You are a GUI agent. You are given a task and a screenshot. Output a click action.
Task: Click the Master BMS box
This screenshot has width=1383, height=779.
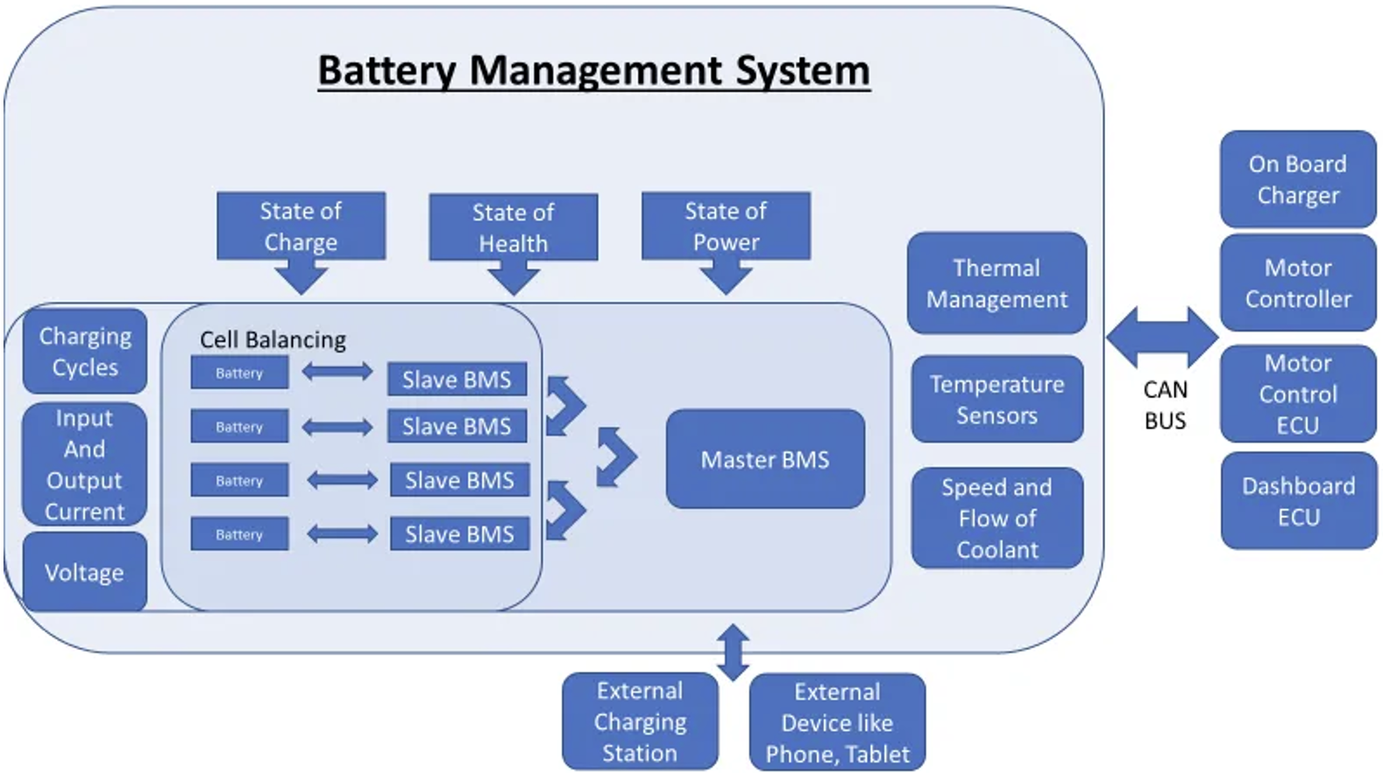tap(765, 459)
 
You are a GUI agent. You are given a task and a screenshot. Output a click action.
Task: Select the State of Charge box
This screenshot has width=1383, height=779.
tap(301, 226)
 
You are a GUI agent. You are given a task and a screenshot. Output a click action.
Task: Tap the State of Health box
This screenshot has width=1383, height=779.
tap(513, 227)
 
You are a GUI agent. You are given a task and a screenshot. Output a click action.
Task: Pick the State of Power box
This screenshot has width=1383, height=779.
tap(726, 226)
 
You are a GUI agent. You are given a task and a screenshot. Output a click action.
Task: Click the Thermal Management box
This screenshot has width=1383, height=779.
tap(996, 283)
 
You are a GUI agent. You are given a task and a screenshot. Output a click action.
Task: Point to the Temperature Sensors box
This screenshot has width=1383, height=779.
tap(997, 399)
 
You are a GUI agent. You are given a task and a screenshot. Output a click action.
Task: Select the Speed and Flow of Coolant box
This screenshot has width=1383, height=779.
tap(997, 518)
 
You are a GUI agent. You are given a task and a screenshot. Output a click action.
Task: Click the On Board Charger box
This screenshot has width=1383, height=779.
tap(1298, 179)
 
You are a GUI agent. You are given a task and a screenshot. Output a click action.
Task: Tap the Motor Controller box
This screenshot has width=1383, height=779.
tap(1298, 283)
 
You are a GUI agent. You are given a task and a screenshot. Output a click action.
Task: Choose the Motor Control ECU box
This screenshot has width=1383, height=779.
tap(1298, 394)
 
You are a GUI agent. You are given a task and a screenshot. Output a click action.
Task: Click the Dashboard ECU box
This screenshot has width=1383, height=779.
tap(1298, 501)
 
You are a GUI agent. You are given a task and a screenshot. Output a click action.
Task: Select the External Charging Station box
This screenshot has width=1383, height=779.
tap(640, 722)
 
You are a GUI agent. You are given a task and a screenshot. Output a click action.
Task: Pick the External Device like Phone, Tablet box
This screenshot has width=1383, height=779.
tap(837, 722)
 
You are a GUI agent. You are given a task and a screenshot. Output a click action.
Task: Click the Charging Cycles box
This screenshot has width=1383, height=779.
tap(85, 352)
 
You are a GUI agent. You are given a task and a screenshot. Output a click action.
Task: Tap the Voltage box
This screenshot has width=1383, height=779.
tap(85, 572)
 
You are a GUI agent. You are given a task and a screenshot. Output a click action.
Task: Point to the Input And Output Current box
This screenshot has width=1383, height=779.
tap(85, 465)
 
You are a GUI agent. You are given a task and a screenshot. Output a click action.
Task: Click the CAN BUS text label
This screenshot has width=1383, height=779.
tap(1165, 405)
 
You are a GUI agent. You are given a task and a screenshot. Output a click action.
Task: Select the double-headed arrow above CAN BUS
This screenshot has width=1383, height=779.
tap(1162, 337)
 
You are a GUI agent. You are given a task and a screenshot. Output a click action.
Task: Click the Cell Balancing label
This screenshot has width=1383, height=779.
tap(273, 339)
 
